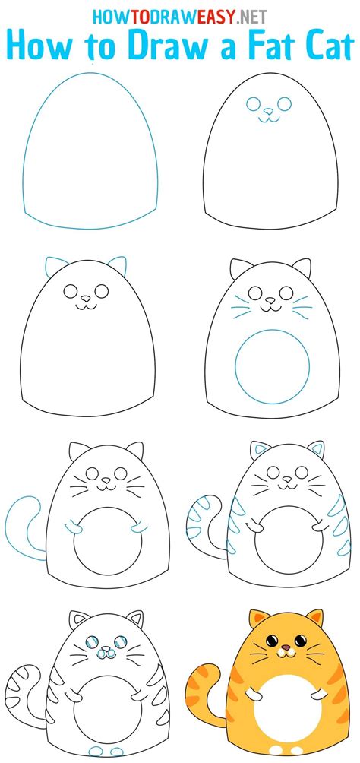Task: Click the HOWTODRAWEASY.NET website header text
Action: pos(180,14)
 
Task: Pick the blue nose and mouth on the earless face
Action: pos(267,116)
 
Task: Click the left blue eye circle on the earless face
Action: pos(253,105)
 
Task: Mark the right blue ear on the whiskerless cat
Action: pos(117,266)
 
